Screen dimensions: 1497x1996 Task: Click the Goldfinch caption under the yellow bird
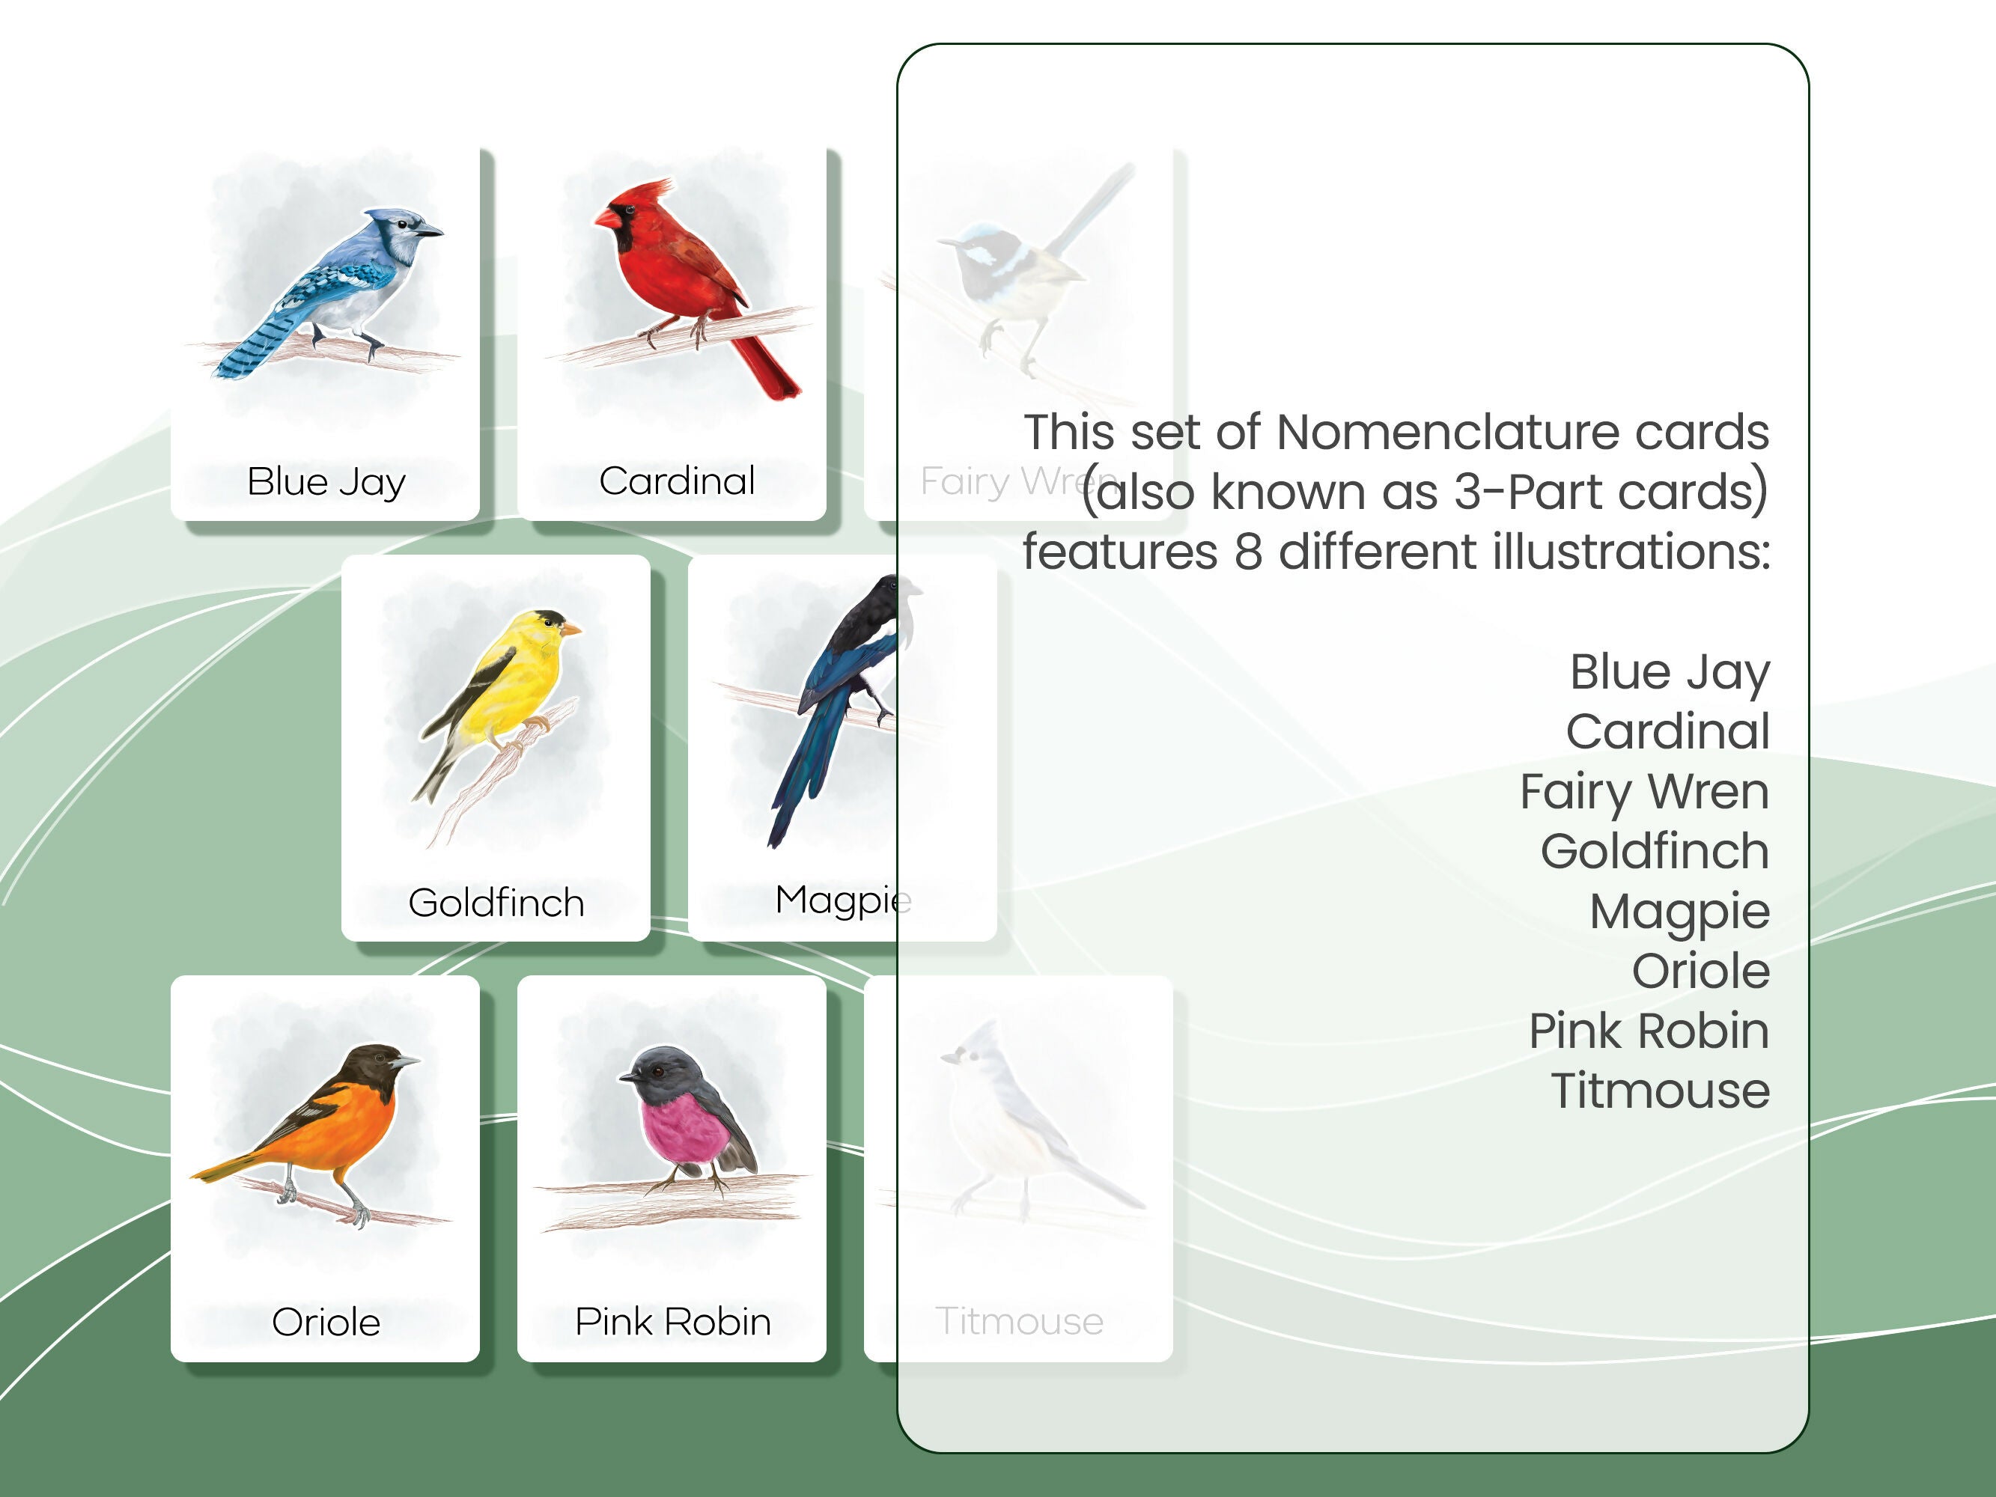[496, 903]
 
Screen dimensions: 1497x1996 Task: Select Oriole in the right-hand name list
[1700, 971]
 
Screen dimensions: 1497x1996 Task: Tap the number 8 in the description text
[1247, 552]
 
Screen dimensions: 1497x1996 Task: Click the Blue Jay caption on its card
[326, 481]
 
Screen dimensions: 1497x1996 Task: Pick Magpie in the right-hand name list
[1679, 912]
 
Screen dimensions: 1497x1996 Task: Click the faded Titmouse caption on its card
[1019, 1321]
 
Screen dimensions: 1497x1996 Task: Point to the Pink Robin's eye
[658, 1071]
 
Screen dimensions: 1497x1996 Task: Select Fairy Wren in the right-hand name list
[1644, 791]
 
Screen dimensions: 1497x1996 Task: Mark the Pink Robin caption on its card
[673, 1322]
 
